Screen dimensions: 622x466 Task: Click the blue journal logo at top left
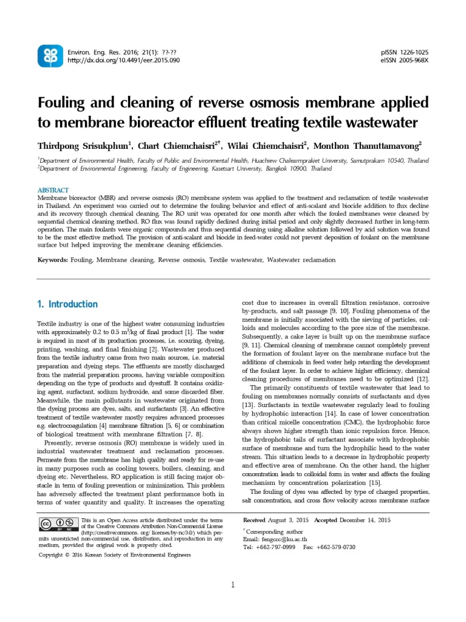point(50,56)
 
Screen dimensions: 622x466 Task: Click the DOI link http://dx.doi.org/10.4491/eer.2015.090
point(123,60)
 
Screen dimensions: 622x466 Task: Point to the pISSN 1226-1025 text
point(404,52)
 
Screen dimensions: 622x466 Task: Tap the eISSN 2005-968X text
point(404,60)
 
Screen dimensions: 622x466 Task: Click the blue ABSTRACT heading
point(53,190)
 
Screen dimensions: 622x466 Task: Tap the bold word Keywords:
point(52,260)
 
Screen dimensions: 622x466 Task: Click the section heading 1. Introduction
point(67,304)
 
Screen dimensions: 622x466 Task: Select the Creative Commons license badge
point(58,525)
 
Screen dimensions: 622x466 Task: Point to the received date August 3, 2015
point(289,520)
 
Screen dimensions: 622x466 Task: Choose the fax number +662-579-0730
point(335,547)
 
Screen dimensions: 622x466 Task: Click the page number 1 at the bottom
point(233,585)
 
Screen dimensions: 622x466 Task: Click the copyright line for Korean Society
point(115,555)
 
